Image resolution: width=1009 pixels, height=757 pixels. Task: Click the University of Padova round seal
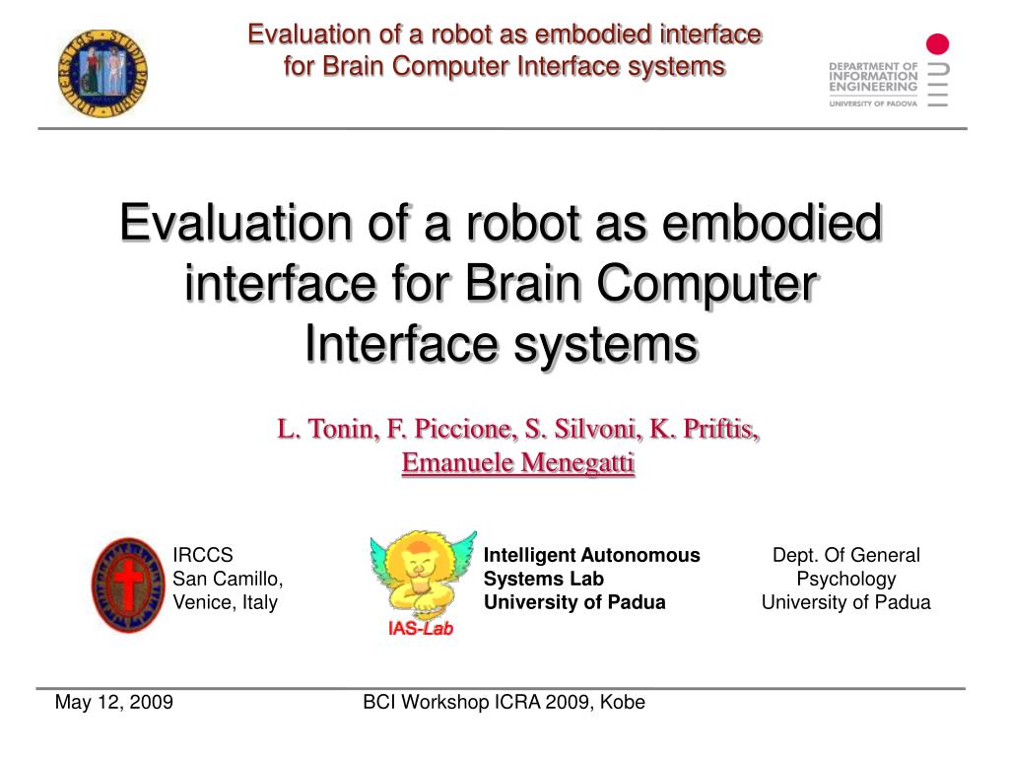[102, 73]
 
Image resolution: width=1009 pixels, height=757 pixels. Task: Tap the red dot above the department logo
[937, 44]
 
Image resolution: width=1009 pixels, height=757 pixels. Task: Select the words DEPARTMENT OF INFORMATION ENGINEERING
[873, 76]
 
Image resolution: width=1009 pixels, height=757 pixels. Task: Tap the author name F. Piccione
[452, 429]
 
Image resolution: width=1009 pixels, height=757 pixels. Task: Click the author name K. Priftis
[704, 429]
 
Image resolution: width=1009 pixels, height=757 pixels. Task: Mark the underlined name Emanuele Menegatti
[518, 463]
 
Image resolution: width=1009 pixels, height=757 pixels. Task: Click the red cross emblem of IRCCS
[128, 585]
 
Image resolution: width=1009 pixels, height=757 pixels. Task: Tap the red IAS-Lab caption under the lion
[421, 628]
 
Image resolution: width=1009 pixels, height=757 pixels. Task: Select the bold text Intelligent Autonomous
[591, 555]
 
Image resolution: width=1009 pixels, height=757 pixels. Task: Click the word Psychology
[846, 580]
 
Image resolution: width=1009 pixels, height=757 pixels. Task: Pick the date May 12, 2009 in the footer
[114, 702]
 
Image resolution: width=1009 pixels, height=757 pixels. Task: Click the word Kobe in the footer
[623, 702]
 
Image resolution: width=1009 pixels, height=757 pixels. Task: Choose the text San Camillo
[228, 579]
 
